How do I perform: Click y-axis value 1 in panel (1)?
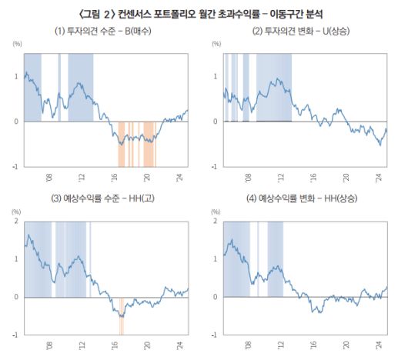tap(18, 76)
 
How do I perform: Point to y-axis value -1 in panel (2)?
tap(216, 165)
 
